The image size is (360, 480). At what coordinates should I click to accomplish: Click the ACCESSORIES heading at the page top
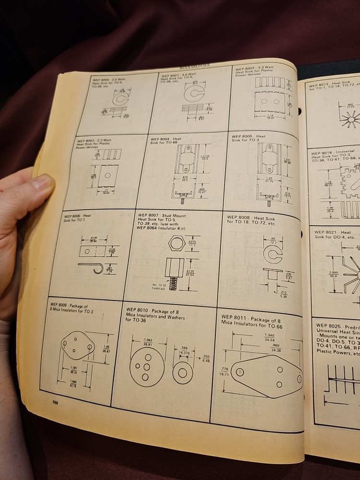tap(194, 66)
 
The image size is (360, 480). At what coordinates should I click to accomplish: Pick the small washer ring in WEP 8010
tap(183, 371)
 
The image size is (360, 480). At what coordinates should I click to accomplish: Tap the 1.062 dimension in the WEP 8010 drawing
tap(147, 341)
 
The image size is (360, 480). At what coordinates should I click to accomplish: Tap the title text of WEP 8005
tap(248, 138)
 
